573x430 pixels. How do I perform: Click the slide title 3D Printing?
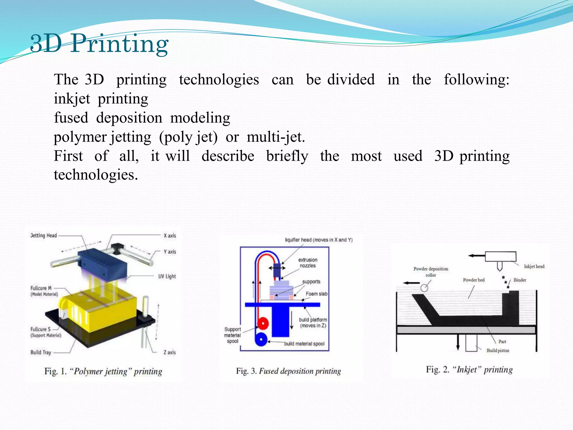(99, 43)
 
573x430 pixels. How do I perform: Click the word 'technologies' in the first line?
(219, 80)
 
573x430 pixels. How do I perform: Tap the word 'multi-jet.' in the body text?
(276, 137)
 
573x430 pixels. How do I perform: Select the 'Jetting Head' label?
(44, 235)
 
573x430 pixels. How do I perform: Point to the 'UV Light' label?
(167, 276)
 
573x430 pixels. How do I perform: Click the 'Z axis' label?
(170, 352)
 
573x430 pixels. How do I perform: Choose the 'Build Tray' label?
(41, 352)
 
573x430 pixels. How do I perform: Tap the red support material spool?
(263, 324)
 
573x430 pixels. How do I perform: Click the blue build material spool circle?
(261, 340)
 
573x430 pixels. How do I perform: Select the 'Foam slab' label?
(316, 294)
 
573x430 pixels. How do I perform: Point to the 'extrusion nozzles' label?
(307, 263)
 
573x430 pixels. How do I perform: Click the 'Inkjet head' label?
(534, 266)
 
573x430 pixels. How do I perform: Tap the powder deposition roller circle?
(424, 288)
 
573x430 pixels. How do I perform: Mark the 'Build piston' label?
(498, 350)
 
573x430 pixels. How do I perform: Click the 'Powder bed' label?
(473, 280)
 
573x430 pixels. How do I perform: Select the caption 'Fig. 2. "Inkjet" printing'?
(469, 370)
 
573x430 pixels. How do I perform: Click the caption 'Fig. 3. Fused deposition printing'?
(288, 371)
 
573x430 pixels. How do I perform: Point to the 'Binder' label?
(520, 280)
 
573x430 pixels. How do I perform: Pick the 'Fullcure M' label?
(41, 288)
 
